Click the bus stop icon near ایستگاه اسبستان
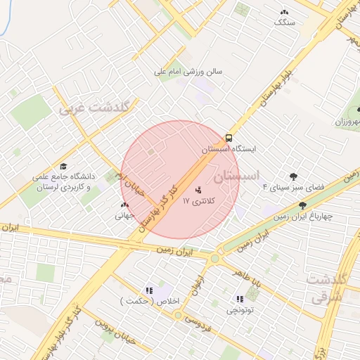point(229,138)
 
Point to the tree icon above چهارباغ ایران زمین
point(303,205)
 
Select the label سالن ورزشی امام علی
point(189,71)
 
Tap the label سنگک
point(285,22)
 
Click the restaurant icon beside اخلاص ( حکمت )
point(148,290)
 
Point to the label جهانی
point(124,217)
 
